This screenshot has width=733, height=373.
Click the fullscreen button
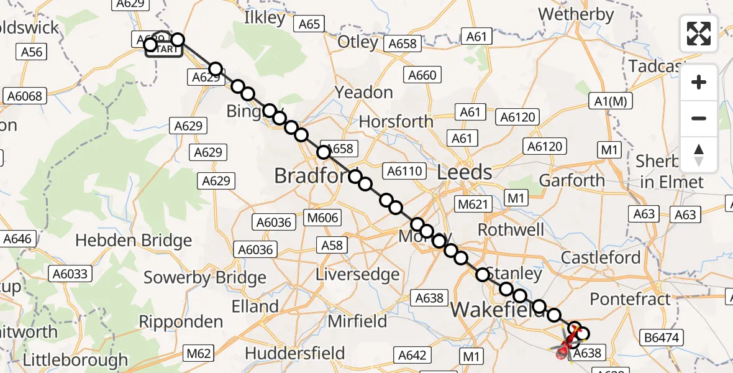coord(699,34)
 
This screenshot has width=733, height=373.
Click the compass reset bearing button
coord(699,155)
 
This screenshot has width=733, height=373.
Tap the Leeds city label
coord(464,172)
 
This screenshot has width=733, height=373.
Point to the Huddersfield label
coord(294,354)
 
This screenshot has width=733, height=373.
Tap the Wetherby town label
coord(575,14)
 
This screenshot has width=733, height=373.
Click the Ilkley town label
coord(265,17)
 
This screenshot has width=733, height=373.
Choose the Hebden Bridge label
coord(133,241)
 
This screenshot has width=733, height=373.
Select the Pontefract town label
coord(631,299)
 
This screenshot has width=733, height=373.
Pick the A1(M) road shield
coord(609,101)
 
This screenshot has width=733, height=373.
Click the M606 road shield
coord(324,217)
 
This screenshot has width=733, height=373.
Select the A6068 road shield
coord(23,96)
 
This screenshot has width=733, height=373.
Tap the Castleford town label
coord(600,257)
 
